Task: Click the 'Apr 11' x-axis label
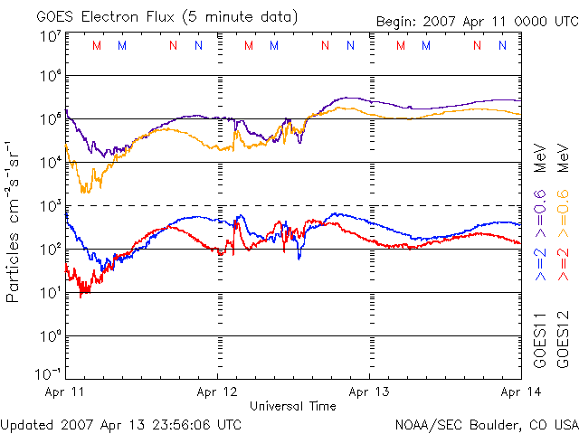click(64, 392)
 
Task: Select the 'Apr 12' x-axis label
click(217, 392)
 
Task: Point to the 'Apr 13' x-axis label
click(369, 392)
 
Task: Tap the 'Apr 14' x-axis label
click(520, 392)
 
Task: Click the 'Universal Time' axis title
click(292, 406)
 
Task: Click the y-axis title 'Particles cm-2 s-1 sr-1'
click(15, 221)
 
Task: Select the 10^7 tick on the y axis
click(49, 37)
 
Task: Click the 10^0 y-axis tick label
click(49, 337)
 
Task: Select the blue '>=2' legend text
click(540, 263)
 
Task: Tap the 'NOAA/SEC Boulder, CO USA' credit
click(486, 423)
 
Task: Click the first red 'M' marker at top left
click(97, 45)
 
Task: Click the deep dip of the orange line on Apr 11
click(84, 190)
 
